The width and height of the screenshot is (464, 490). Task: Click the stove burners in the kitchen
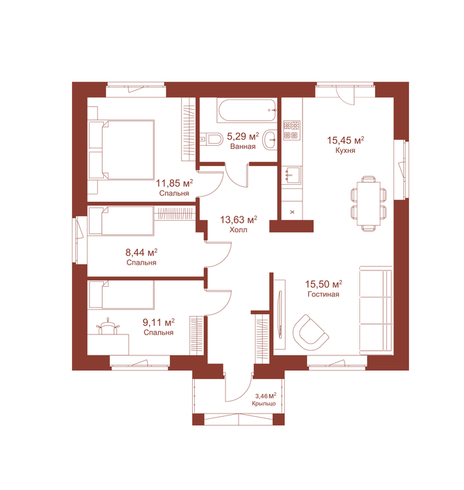click(291, 130)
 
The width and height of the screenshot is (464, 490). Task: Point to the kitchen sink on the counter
click(291, 175)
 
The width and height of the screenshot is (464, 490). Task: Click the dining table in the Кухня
click(369, 203)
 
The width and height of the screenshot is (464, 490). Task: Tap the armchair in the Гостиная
click(310, 333)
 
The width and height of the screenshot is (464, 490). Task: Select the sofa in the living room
click(376, 310)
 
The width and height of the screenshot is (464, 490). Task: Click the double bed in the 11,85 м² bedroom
click(122, 150)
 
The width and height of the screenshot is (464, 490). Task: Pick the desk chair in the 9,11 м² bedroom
click(108, 327)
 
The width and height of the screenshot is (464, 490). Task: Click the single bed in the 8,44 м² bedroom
click(122, 220)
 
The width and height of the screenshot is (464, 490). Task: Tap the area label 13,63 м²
click(239, 220)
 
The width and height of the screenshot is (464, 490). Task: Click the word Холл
click(239, 230)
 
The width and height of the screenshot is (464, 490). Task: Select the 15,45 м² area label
click(346, 140)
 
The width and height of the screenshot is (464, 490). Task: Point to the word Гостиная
click(323, 294)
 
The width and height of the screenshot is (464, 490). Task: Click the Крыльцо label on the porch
click(264, 404)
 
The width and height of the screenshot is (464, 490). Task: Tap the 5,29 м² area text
click(243, 137)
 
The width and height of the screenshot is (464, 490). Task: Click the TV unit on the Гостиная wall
click(280, 314)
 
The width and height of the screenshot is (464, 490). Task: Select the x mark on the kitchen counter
click(292, 212)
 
